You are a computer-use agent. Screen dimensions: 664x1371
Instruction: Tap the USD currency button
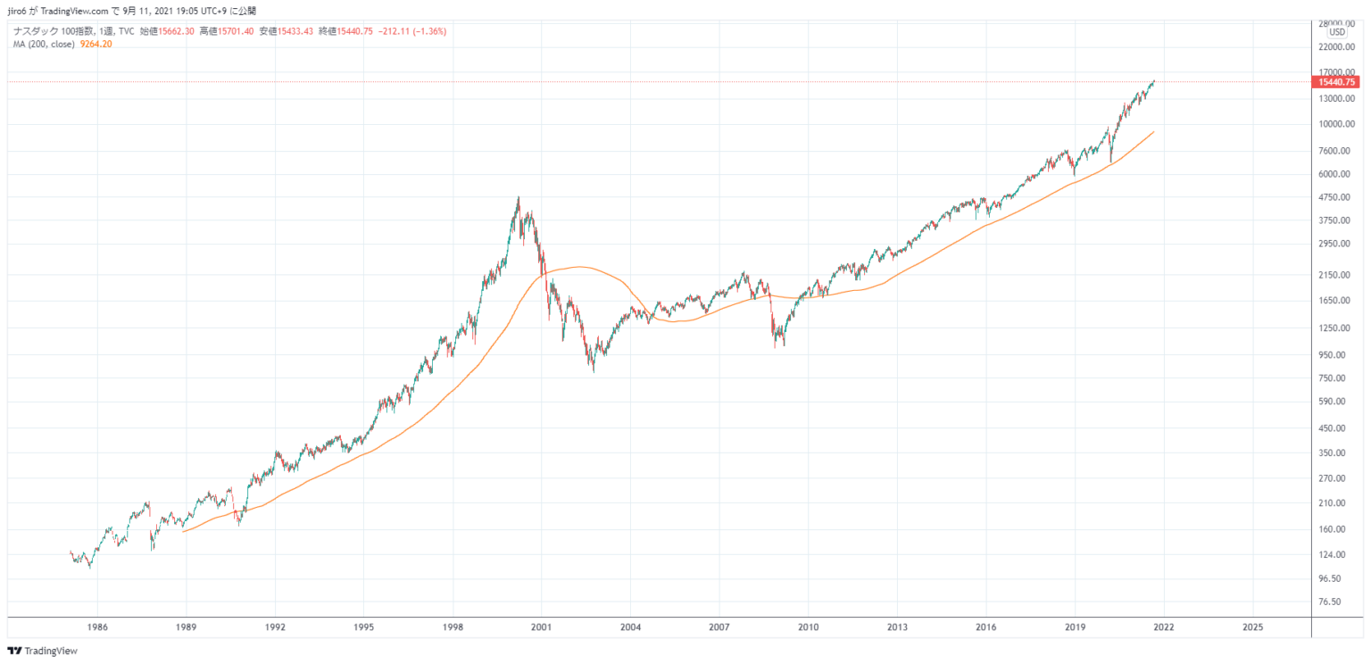(1336, 32)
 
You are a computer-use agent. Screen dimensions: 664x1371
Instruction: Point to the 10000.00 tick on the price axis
(1336, 124)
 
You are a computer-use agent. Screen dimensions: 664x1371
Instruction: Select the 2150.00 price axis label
(1336, 276)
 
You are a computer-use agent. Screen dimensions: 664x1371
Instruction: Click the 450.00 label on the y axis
(1336, 428)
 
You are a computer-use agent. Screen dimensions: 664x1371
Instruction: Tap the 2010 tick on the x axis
(809, 627)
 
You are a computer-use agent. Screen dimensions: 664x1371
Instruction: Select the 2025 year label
(1252, 627)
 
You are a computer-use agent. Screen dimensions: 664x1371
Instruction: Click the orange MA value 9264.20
(96, 43)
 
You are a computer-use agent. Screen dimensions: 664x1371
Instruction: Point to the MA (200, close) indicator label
(44, 43)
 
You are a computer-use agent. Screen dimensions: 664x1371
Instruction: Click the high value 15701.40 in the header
(237, 31)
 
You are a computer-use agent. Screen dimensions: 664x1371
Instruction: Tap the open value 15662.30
(177, 31)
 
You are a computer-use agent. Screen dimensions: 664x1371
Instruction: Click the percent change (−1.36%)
(429, 31)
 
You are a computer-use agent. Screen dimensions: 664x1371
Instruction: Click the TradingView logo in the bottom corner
(43, 651)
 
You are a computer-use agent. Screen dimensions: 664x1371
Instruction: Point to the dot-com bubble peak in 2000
(519, 198)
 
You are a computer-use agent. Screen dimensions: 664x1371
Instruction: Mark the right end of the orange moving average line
(1154, 132)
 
